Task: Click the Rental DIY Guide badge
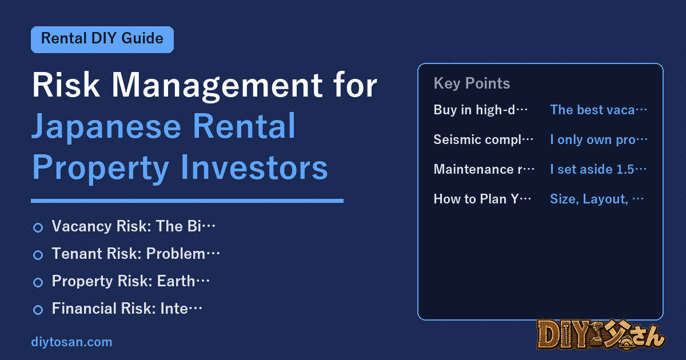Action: [102, 39]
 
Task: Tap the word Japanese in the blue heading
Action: [106, 127]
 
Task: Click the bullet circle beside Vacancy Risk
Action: [38, 227]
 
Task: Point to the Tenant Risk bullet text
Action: [135, 254]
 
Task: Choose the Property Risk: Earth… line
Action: [130, 281]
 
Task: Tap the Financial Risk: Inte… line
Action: [127, 308]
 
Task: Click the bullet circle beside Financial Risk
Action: [38, 310]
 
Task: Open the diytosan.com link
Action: [71, 342]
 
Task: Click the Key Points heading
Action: [472, 83]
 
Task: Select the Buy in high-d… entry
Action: [480, 110]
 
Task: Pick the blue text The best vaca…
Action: [599, 110]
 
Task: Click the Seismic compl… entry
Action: [483, 139]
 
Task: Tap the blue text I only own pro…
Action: [599, 139]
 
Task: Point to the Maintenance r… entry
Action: [484, 169]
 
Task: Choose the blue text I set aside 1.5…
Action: [598, 169]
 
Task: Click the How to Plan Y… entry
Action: [482, 199]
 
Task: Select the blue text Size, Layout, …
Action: [597, 199]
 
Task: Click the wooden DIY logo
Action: [601, 334]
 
